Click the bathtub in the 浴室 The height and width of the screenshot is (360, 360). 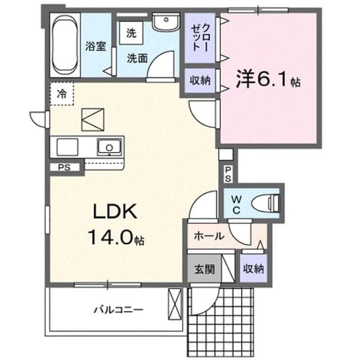click(65, 45)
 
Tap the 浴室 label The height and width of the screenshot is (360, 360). click(96, 46)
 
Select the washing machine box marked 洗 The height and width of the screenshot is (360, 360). click(131, 33)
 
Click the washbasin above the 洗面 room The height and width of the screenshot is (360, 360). click(166, 22)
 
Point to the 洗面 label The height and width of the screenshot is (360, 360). click(137, 58)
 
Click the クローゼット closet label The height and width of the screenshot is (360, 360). click(200, 38)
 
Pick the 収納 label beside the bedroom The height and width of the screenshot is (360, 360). click(200, 80)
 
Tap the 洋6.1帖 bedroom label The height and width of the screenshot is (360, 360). click(268, 79)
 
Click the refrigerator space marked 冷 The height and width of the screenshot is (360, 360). click(62, 94)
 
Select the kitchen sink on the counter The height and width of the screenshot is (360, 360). click(109, 147)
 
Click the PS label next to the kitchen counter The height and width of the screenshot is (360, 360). click(64, 168)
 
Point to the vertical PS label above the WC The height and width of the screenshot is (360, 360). click(228, 174)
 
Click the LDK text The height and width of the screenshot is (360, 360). click(115, 211)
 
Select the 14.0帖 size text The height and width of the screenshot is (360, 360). click(116, 237)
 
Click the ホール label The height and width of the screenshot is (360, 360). click(209, 236)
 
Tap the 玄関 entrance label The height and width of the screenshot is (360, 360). click(205, 269)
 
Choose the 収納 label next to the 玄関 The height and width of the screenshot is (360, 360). click(254, 269)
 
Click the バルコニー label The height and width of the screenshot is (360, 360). click(119, 310)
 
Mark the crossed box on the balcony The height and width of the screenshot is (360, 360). click(175, 304)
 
